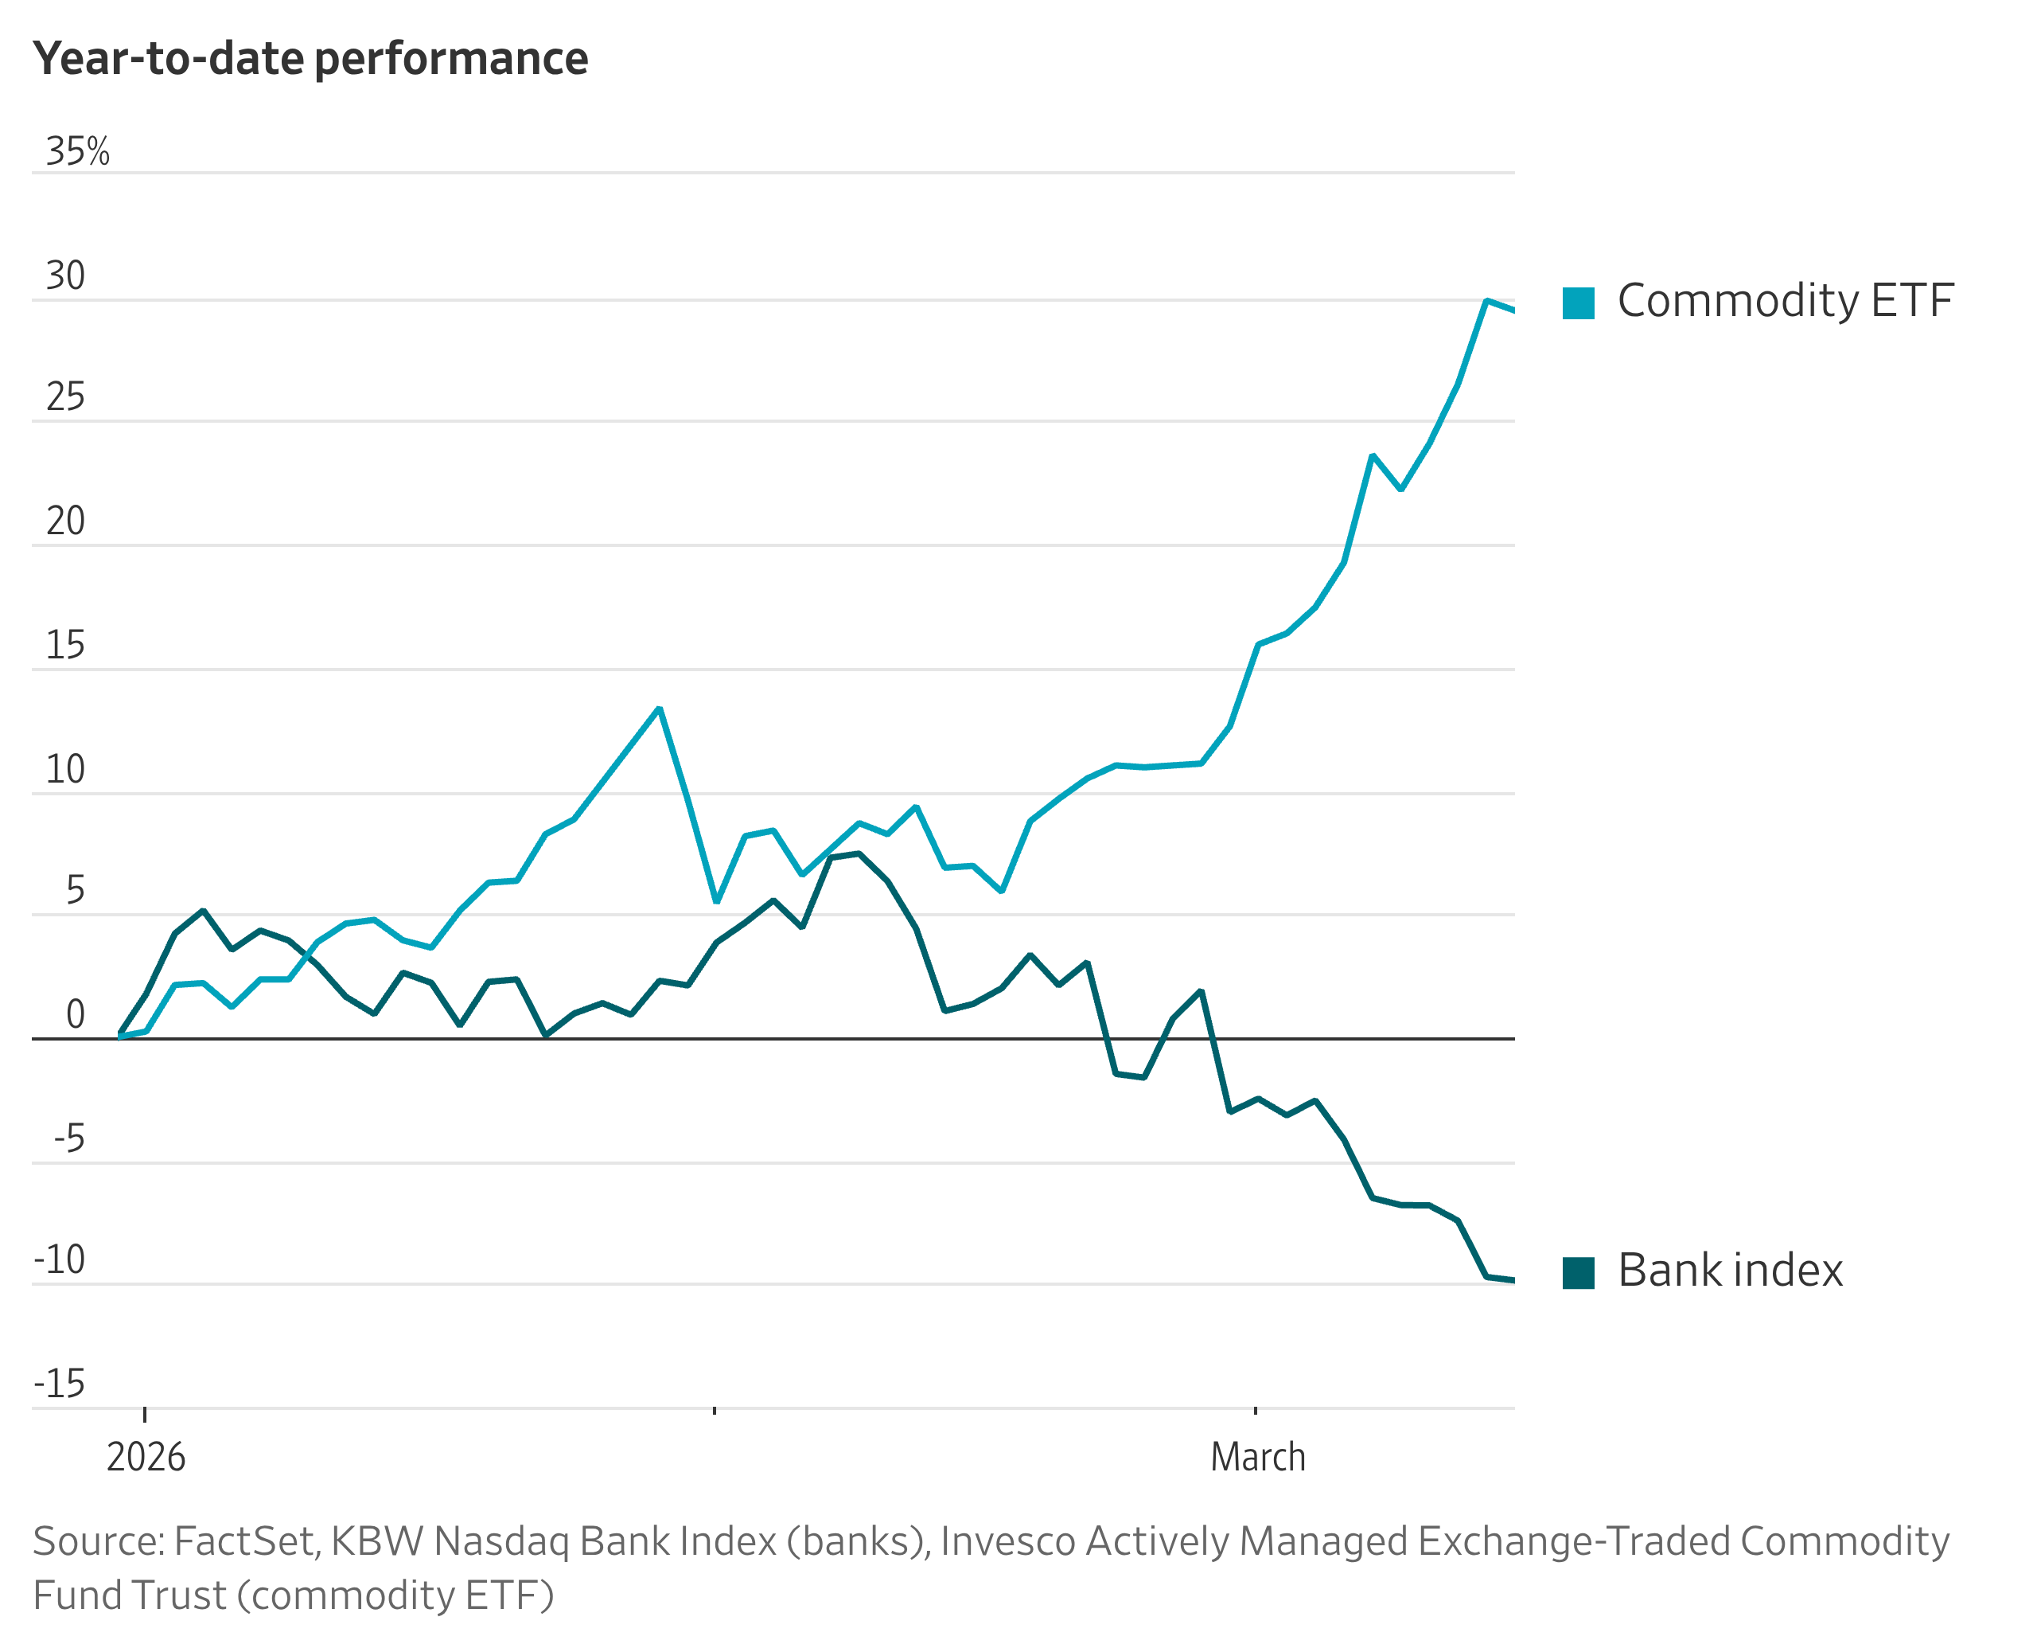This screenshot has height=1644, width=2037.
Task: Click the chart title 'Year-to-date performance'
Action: (310, 59)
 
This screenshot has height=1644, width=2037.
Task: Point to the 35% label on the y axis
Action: (78, 151)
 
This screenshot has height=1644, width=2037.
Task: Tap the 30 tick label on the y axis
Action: (65, 275)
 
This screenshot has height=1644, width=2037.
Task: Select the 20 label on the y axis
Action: (65, 521)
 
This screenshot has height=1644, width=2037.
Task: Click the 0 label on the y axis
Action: (75, 1014)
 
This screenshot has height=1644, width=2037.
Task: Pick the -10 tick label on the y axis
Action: (60, 1259)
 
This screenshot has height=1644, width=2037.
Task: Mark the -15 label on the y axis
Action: (60, 1384)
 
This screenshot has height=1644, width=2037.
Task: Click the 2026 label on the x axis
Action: (146, 1456)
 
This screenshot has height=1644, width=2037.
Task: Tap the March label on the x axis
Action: (1257, 1456)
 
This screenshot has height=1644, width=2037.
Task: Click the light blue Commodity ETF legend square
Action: (1578, 303)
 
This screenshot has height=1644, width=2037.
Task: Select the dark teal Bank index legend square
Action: (1578, 1273)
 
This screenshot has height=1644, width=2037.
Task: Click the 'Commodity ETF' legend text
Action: (1786, 301)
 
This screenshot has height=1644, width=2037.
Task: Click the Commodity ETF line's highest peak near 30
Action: (1486, 300)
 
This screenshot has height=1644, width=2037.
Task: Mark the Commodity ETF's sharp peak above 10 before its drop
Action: (659, 709)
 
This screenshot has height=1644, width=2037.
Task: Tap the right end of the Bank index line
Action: (1513, 1280)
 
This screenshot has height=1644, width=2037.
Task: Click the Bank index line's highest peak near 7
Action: (859, 853)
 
